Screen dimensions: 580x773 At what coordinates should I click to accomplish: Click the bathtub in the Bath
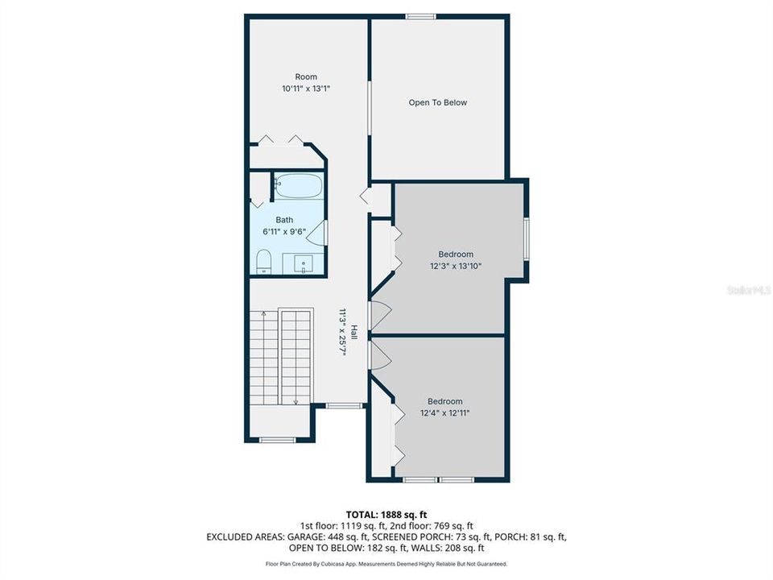tap(297, 187)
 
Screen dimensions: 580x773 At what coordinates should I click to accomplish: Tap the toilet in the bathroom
tap(262, 262)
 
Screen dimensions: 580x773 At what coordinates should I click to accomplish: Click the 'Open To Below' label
tap(437, 102)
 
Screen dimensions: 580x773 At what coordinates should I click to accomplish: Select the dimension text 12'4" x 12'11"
tap(444, 412)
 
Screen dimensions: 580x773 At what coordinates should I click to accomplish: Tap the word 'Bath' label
tap(284, 219)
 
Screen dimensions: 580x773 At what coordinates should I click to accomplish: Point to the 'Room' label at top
tap(283, 77)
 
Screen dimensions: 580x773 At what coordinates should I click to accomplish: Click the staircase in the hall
tap(279, 354)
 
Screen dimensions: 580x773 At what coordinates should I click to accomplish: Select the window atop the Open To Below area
tap(420, 16)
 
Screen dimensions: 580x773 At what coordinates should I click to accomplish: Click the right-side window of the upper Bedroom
tap(526, 238)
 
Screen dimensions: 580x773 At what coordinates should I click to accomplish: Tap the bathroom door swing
tap(320, 233)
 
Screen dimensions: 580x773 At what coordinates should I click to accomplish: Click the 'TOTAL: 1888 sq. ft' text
tap(386, 514)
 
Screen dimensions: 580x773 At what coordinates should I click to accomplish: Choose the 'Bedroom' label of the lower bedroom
tap(444, 401)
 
